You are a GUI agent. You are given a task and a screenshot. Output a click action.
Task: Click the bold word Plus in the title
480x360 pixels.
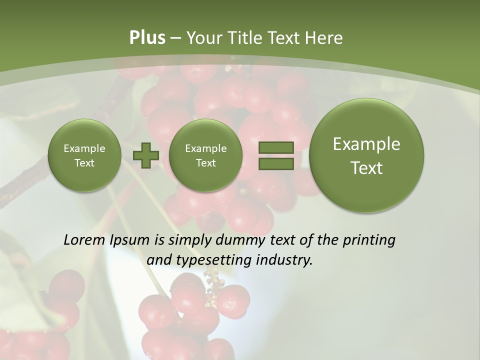[x=147, y=38]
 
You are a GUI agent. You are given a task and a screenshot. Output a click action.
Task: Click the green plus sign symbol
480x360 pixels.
[x=145, y=155]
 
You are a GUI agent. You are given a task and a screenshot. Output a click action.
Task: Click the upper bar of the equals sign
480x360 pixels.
[x=275, y=147]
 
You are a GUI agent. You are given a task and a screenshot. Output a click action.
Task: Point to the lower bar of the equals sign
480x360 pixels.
[x=275, y=164]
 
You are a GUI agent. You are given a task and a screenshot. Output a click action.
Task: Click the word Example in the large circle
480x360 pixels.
[x=366, y=144]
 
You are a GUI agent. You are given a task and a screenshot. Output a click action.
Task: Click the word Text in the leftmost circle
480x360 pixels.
[x=84, y=163]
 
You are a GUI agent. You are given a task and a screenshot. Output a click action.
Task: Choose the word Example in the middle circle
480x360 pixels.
[x=205, y=148]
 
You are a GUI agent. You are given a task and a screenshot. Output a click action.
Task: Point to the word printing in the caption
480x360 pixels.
[x=368, y=240]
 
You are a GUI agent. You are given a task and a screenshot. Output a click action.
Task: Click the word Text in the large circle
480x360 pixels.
[x=366, y=168]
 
